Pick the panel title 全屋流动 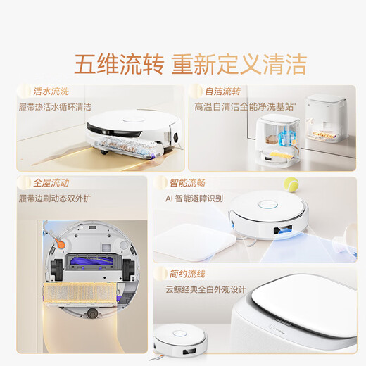tap(51, 182)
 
